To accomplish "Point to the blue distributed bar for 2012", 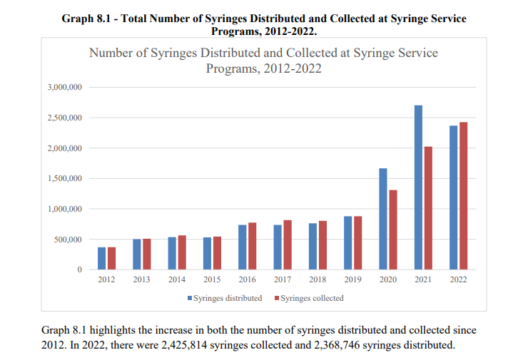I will pos(101,258).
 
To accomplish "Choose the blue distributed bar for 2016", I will pos(243,247).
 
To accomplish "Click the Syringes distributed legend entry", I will pos(225,298).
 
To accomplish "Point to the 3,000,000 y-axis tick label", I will pos(65,88).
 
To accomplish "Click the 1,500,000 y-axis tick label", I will pos(65,179).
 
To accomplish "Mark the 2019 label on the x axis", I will pos(352,280).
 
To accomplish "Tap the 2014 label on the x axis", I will pos(176,280).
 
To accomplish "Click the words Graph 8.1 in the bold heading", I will pos(88,19).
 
